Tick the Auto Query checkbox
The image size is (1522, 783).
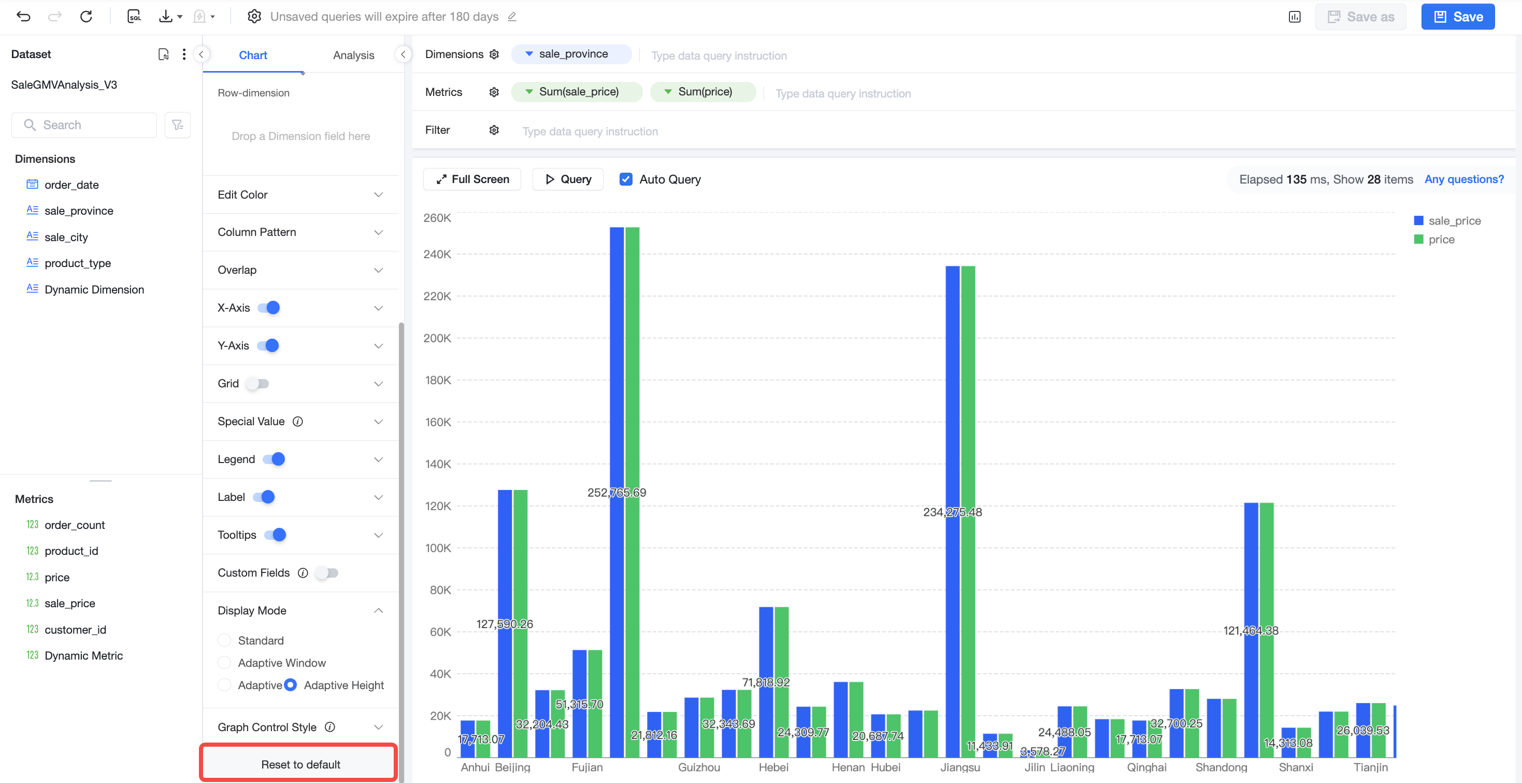(626, 179)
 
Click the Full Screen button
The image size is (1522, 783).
(472, 179)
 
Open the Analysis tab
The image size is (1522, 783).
(353, 55)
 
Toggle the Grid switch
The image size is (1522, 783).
(257, 383)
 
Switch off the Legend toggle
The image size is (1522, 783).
(274, 459)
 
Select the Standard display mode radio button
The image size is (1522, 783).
(224, 640)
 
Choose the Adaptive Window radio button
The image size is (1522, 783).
(224, 663)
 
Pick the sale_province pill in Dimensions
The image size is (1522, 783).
(571, 54)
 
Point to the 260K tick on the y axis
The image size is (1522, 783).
(437, 218)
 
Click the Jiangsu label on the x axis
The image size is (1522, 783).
(960, 767)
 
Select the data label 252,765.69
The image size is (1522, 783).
(616, 492)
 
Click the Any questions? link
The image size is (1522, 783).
(1463, 179)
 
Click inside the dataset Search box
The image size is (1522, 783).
(84, 125)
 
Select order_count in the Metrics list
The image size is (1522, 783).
(75, 525)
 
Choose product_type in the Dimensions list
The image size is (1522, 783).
(77, 263)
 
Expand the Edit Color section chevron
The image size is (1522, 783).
(378, 194)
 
